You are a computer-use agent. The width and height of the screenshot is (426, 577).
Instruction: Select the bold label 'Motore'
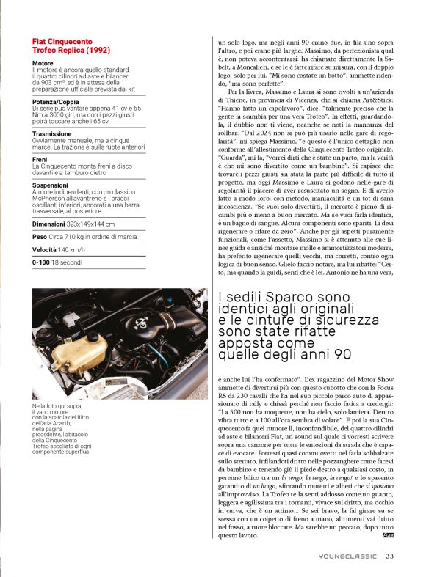coord(43,64)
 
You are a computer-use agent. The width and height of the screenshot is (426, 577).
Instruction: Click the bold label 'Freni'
coord(40,161)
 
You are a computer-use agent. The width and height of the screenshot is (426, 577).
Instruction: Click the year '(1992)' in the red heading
coord(95,51)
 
